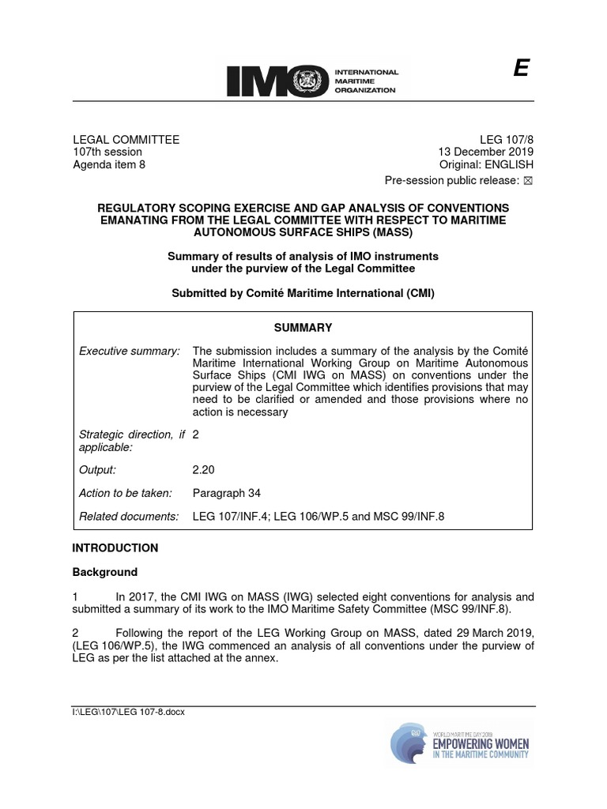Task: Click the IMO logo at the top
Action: click(x=312, y=80)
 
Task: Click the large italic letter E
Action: click(x=520, y=70)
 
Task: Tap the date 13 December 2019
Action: click(x=486, y=152)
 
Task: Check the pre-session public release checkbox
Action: click(x=529, y=181)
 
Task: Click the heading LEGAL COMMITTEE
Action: click(x=126, y=140)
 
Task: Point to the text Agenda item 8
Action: click(x=109, y=165)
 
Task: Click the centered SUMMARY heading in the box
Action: click(x=304, y=328)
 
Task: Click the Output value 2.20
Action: click(x=204, y=470)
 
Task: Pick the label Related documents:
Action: click(x=130, y=517)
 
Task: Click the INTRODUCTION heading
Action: click(x=115, y=547)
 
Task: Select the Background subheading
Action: click(x=105, y=572)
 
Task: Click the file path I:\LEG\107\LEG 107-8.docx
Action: click(x=128, y=712)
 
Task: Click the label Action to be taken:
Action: click(x=126, y=494)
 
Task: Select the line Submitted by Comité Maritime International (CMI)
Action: click(x=303, y=293)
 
